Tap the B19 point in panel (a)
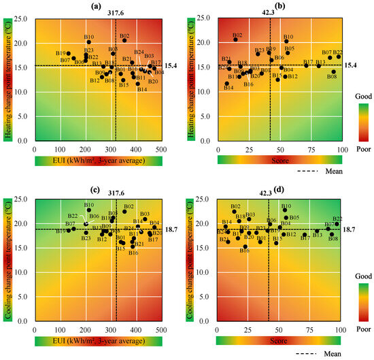[69, 53]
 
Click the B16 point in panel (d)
[245, 246]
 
